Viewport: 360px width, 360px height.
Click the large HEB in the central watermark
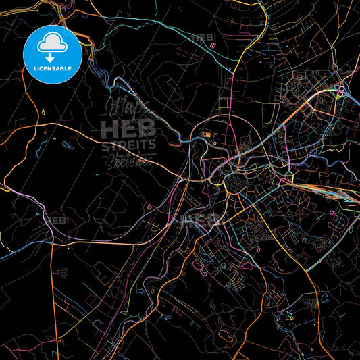128,129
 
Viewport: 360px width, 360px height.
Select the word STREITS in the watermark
128,144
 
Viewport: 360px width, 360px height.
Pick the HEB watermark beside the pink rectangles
203,38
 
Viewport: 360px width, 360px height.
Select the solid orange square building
208,135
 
